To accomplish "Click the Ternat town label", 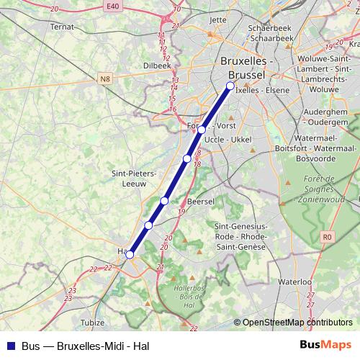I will [63, 26].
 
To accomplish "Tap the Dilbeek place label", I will [158, 64].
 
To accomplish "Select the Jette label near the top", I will [217, 20].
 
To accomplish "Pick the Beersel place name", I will [201, 201].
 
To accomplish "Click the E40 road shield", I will [110, 6].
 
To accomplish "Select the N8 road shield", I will [106, 78].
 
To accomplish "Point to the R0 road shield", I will [328, 235].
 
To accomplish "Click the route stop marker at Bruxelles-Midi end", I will [230, 86].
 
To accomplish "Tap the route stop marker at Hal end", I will [130, 254].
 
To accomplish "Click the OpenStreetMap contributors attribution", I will [297, 323].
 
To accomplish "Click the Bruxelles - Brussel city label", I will [245, 68].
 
